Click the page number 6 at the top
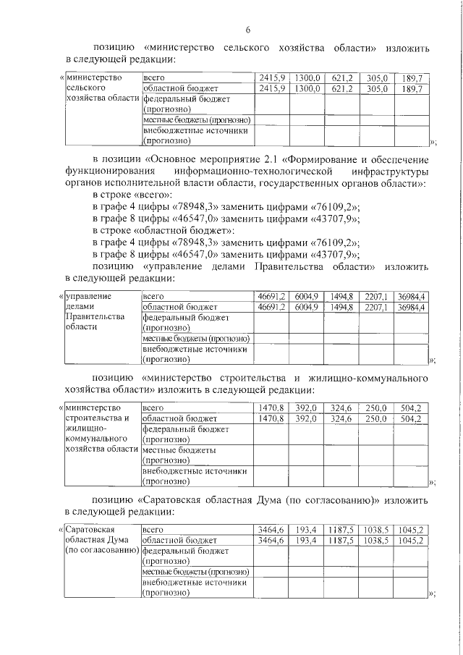[x=247, y=30]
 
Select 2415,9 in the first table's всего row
[x=273, y=77]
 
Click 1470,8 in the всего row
[x=273, y=407]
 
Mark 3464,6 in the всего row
[x=273, y=530]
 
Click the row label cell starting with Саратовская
[x=101, y=541]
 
